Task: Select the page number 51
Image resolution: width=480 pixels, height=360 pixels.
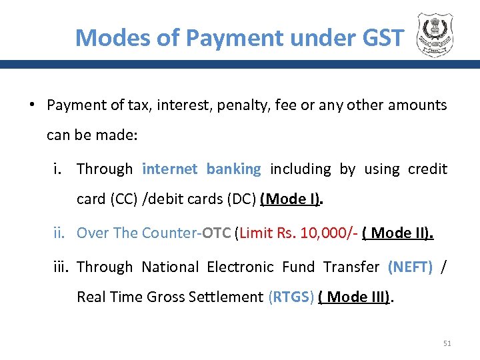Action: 447,343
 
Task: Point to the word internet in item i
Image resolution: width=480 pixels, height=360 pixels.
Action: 170,169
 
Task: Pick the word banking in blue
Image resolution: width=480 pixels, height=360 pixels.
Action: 233,169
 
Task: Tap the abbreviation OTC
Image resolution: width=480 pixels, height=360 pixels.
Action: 216,233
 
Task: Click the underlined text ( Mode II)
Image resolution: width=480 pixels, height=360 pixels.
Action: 398,233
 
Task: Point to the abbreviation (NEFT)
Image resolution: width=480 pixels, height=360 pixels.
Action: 410,267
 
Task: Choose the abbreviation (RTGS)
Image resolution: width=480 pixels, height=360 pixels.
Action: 291,297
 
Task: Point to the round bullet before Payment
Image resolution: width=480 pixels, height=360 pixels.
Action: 31,105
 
